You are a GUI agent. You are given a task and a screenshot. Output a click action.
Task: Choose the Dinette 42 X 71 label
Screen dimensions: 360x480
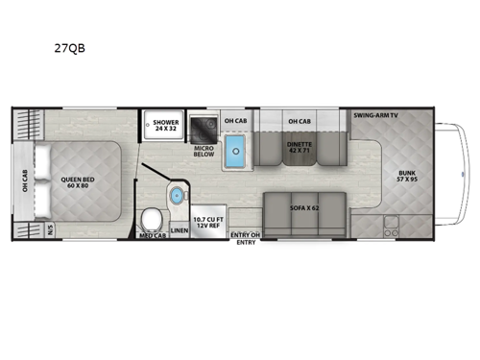(x=299, y=146)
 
